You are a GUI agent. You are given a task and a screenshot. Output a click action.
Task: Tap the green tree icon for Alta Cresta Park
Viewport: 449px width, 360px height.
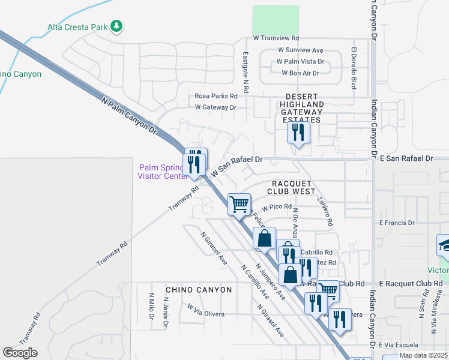click(118, 26)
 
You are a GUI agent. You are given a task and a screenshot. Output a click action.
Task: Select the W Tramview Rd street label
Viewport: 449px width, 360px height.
click(276, 38)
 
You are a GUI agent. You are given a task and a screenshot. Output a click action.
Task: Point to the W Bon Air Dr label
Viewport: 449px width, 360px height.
click(300, 73)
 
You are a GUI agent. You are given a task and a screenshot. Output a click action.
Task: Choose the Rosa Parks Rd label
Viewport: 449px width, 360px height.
click(216, 95)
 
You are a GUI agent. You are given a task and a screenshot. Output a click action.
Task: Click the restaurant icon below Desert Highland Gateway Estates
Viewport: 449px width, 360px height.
click(298, 132)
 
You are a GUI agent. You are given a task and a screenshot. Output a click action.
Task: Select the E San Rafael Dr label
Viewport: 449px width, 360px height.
click(406, 158)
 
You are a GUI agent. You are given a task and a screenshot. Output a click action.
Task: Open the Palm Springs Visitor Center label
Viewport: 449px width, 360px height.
click(162, 172)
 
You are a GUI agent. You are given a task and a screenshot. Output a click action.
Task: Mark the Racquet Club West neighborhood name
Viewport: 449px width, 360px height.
click(293, 187)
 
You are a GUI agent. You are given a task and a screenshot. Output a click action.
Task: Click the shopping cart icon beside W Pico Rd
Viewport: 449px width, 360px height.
click(239, 204)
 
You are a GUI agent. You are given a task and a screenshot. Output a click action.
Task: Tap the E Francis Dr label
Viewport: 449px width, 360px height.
click(397, 222)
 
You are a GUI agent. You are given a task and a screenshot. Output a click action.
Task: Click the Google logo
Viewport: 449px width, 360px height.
click(20, 353)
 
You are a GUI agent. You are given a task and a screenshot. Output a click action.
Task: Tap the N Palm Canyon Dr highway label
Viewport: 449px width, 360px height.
click(128, 116)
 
